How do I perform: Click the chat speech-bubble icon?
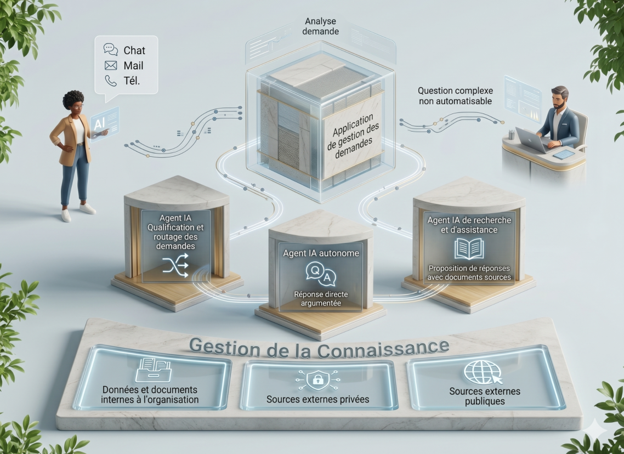pyautogui.click(x=111, y=49)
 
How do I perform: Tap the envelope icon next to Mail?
pyautogui.click(x=111, y=65)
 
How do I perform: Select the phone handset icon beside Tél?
pyautogui.click(x=111, y=81)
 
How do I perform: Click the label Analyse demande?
pyautogui.click(x=320, y=26)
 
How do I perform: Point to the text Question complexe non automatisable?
pyautogui.click(x=455, y=96)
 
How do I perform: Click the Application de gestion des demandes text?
pyautogui.click(x=353, y=136)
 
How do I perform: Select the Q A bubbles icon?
pyautogui.click(x=321, y=274)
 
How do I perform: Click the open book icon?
pyautogui.click(x=469, y=249)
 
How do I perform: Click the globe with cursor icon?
pyautogui.click(x=483, y=372)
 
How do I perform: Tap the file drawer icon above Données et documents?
pyautogui.click(x=153, y=370)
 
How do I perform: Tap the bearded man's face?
pyautogui.click(x=558, y=100)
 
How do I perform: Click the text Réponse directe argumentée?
pyautogui.click(x=321, y=299)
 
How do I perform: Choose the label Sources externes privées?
pyautogui.click(x=318, y=399)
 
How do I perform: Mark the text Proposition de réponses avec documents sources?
pyautogui.click(x=469, y=273)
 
